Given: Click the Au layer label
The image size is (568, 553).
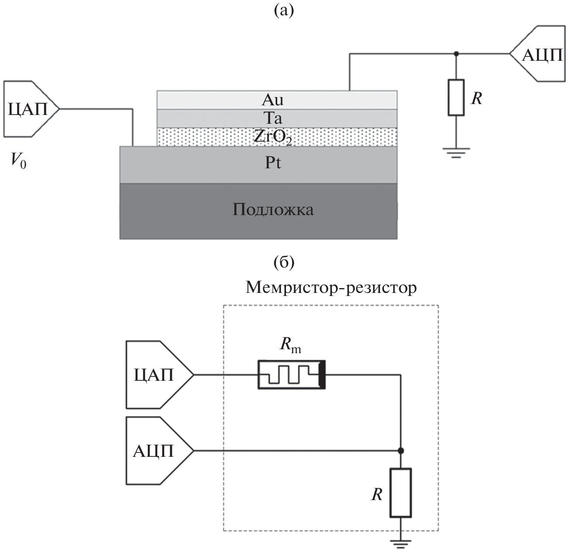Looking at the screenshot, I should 272,100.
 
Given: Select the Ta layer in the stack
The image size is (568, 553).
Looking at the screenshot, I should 272,118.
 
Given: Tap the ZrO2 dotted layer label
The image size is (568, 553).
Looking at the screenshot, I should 272,137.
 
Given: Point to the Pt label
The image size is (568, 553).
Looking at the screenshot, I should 272,163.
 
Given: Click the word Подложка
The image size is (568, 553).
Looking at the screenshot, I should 272,210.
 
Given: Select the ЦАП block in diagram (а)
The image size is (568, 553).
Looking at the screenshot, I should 28,109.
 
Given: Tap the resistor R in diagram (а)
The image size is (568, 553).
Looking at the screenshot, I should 456,97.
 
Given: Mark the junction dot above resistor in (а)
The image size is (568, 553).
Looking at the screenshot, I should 456,54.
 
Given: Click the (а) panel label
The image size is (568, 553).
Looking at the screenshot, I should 284,10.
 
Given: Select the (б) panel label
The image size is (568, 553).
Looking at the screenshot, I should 284,262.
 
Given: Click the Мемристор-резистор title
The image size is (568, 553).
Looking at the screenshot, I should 331,288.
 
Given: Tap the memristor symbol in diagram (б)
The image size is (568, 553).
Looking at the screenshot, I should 291,375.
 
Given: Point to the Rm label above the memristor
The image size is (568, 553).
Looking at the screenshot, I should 290,345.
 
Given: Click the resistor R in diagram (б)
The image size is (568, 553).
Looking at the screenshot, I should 401,493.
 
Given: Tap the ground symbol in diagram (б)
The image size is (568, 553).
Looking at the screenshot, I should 401,544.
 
